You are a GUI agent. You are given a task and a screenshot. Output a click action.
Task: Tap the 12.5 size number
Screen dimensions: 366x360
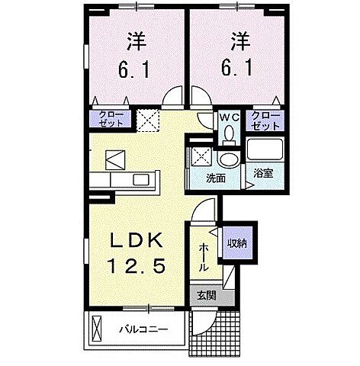(138, 269)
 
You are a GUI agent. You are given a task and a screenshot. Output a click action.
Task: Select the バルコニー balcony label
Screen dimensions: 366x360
(143, 330)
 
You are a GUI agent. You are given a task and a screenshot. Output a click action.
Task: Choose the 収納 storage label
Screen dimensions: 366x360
(236, 243)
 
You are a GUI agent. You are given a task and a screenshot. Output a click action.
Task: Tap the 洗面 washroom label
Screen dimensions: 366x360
(216, 178)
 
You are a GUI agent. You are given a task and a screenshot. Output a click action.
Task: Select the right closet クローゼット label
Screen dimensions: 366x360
(268, 118)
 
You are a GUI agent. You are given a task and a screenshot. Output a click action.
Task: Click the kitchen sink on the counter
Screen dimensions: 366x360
(143, 180)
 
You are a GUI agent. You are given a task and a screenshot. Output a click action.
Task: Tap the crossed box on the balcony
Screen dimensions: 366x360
(96, 330)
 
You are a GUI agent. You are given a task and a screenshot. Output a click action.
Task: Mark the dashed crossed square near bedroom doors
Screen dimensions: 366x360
(146, 118)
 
